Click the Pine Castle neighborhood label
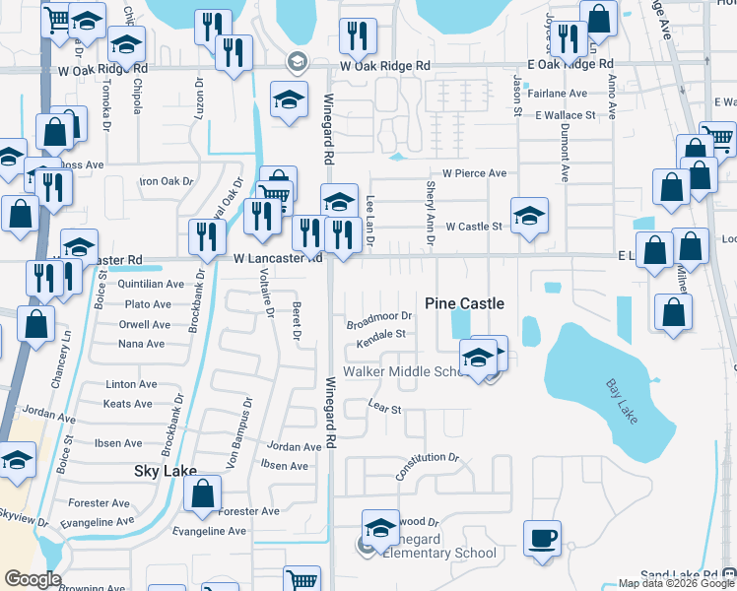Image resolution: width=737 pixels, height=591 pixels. click(x=464, y=303)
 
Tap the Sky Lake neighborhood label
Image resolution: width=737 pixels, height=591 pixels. click(x=166, y=472)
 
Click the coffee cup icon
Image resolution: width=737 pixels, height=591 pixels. click(x=541, y=538)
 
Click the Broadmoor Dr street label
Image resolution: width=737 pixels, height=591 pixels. click(x=378, y=320)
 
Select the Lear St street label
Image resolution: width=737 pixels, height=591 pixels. click(x=383, y=408)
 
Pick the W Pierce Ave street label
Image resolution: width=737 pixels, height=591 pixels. click(x=474, y=173)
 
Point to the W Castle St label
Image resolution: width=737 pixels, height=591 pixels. click(x=475, y=227)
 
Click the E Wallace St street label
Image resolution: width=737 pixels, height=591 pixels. click(x=566, y=115)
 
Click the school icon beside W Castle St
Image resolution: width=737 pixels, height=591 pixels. click(x=529, y=216)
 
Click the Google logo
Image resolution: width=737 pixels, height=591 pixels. click(x=33, y=579)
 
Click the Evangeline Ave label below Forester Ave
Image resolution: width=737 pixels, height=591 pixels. click(x=209, y=531)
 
